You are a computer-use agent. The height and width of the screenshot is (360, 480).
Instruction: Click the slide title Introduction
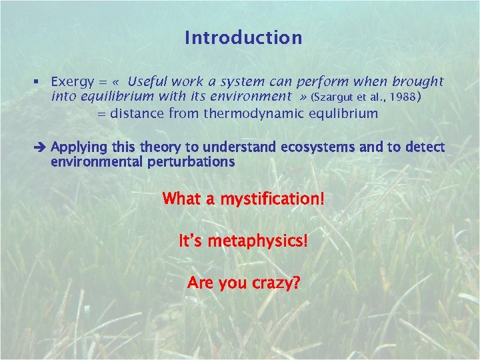243,38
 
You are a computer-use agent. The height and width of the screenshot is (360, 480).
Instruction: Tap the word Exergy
71,82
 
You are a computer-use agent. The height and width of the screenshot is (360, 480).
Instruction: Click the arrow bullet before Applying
41,147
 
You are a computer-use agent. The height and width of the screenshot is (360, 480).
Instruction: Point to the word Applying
77,147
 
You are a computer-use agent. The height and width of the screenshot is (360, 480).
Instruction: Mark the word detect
425,147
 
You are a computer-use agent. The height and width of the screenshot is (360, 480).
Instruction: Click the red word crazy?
275,283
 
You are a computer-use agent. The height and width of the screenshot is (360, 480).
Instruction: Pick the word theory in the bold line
155,147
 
